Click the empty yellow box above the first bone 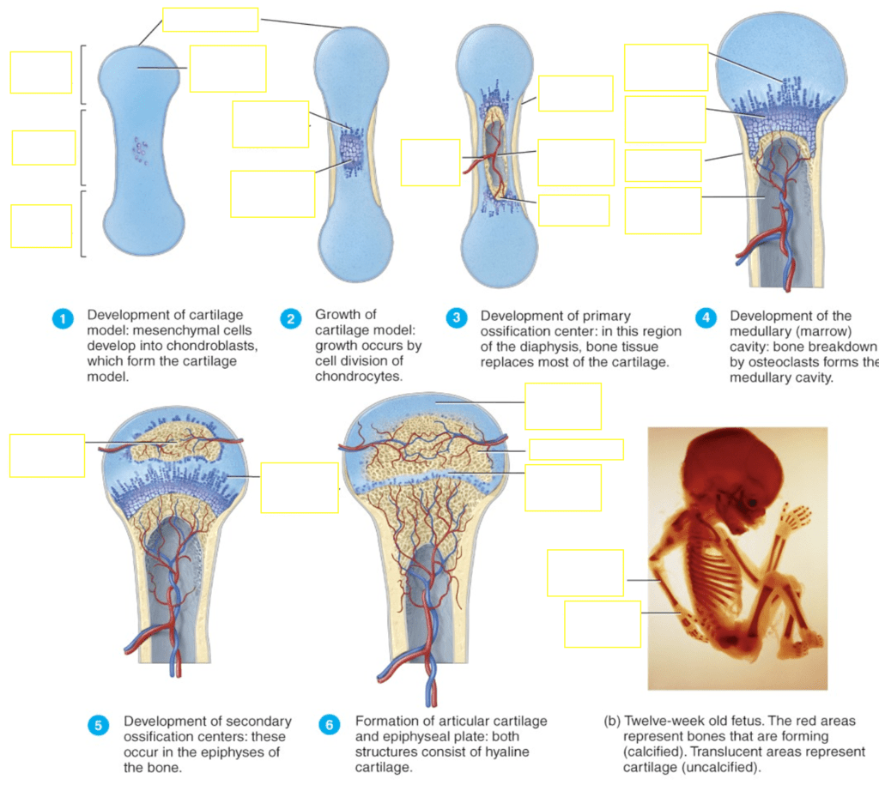210,20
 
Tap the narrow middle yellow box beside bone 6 575,450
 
